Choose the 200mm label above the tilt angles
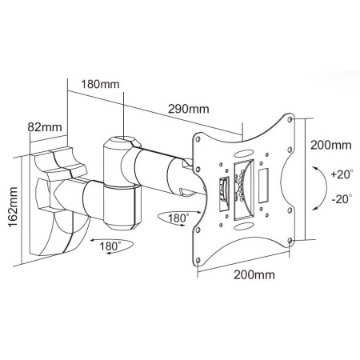click(330, 146)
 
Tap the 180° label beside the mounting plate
click(175, 218)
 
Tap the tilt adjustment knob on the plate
click(225, 190)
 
